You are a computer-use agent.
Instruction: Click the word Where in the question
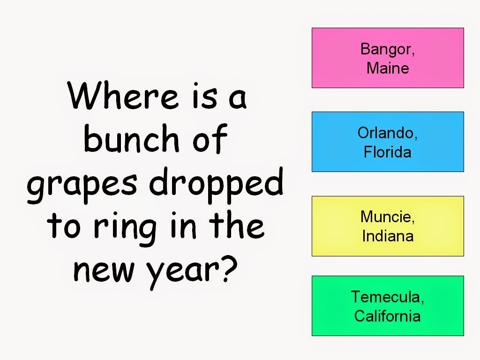(x=123, y=95)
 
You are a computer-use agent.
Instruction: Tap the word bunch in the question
(x=131, y=138)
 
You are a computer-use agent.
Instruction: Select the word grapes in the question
(x=82, y=185)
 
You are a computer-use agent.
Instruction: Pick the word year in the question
(x=182, y=271)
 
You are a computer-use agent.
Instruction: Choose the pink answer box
(x=388, y=58)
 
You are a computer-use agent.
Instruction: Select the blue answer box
(x=388, y=142)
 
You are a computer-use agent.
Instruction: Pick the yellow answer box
(x=388, y=226)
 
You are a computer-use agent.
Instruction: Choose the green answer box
(x=388, y=306)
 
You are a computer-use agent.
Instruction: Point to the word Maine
(x=388, y=68)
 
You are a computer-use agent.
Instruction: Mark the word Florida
(x=387, y=152)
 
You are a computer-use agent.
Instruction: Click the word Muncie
(x=386, y=217)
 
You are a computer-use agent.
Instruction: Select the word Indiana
(x=388, y=236)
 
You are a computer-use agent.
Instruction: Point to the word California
(x=387, y=316)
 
